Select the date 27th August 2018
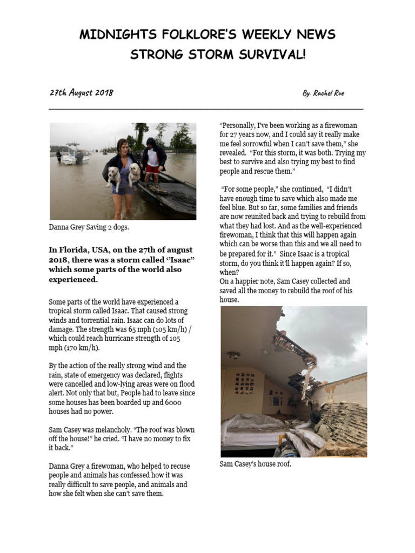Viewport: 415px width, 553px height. pyautogui.click(x=81, y=92)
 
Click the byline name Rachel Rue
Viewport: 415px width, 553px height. pyautogui.click(x=329, y=93)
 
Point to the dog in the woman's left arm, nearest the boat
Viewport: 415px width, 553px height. pyautogui.click(x=134, y=173)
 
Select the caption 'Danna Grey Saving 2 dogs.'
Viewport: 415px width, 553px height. pyautogui.click(x=89, y=227)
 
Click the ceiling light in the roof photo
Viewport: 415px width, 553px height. pyautogui.click(x=233, y=355)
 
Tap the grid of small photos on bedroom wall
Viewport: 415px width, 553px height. pyautogui.click(x=244, y=382)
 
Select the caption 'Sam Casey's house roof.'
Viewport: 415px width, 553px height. pyautogui.click(x=256, y=464)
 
